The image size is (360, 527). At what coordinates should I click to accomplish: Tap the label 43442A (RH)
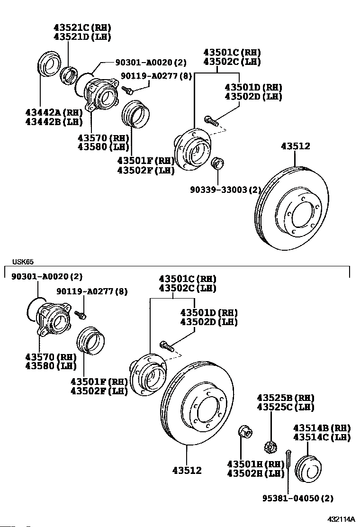[x=54, y=112]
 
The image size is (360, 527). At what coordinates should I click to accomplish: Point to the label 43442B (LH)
[x=54, y=122]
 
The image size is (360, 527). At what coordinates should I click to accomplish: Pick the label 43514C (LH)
[x=322, y=437]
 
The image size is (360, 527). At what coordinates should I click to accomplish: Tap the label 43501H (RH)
[x=255, y=463]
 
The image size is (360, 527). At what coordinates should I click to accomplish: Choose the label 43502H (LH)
[x=255, y=473]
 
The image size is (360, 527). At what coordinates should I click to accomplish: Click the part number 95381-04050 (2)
[x=298, y=498]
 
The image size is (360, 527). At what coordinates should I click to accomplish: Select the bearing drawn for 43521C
[x=70, y=77]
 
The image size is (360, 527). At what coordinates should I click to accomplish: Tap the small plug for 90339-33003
[x=217, y=163]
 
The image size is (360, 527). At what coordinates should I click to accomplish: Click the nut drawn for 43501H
[x=245, y=432]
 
